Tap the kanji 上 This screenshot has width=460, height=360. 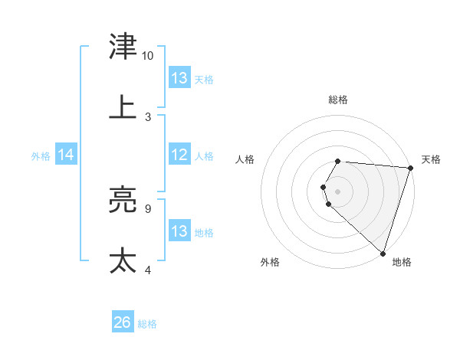tap(123, 107)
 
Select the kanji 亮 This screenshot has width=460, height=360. tap(123, 201)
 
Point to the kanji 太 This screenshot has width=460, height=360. tap(123, 260)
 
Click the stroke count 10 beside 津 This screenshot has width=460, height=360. tap(147, 56)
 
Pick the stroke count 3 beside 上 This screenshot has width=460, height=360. tap(147, 116)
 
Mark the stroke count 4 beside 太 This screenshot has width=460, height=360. tap(147, 270)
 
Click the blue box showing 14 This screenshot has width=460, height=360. tap(66, 155)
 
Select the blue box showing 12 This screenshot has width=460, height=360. tap(179, 155)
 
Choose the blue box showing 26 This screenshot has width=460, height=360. tap(123, 322)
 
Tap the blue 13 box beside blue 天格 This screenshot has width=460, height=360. tap(179, 78)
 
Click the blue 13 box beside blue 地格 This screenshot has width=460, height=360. tap(179, 231)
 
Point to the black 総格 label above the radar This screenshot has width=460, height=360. tap(338, 100)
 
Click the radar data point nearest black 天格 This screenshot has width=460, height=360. tap(410, 168)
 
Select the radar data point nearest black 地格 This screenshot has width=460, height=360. tap(383, 253)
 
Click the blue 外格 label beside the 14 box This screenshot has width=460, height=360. tap(41, 156)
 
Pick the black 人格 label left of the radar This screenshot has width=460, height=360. tap(245, 159)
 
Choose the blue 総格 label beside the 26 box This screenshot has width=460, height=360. tap(147, 324)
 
